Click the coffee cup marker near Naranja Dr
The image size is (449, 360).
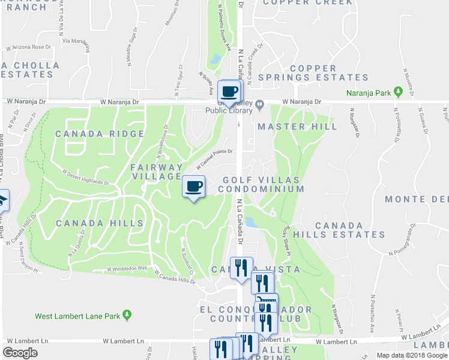pyautogui.click(x=230, y=91)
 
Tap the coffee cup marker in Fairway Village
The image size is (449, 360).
pyautogui.click(x=193, y=187)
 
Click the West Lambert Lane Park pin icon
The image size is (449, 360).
pyautogui.click(x=127, y=314)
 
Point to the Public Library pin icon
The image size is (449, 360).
pyautogui.click(x=259, y=106)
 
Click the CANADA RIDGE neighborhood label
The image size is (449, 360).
pyautogui.click(x=100, y=134)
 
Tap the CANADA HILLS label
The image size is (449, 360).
pyautogui.click(x=100, y=223)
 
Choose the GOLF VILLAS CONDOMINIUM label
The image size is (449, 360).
pyautogui.click(x=261, y=184)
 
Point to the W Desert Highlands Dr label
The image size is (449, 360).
pyautogui.click(x=86, y=176)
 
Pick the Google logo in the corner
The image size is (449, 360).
pyautogui.click(x=20, y=353)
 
